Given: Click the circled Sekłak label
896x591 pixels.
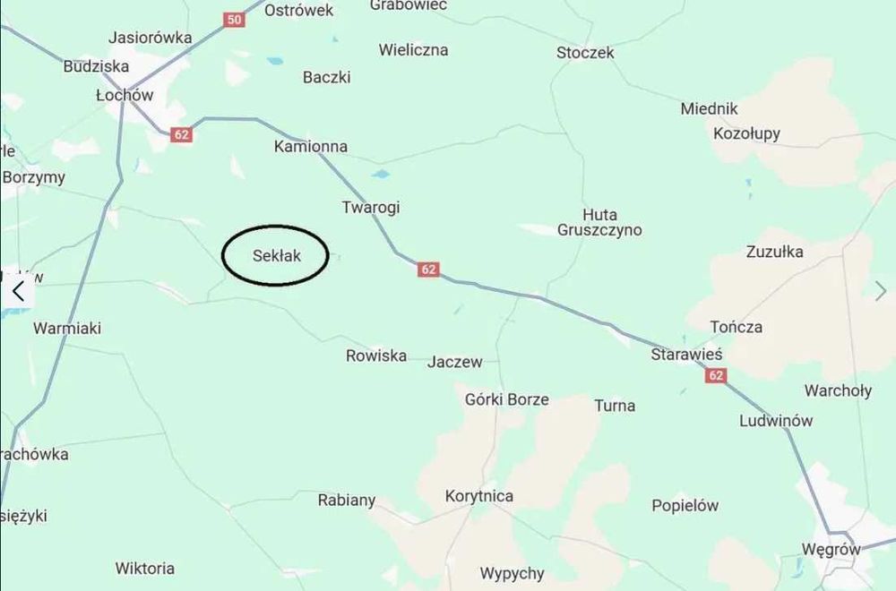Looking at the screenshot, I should click(x=276, y=256).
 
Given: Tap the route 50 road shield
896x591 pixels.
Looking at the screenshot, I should click(x=235, y=19).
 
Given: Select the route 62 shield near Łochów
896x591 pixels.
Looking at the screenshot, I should click(x=182, y=134).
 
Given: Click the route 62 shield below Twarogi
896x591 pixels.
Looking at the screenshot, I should click(x=428, y=269).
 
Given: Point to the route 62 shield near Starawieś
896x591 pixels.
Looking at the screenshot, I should click(x=715, y=375).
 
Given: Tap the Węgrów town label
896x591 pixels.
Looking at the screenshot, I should click(x=831, y=550).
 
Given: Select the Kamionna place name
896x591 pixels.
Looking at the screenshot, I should click(x=311, y=146).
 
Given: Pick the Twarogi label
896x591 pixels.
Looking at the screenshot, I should click(x=371, y=208).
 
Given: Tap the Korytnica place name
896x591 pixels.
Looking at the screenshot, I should click(x=479, y=496).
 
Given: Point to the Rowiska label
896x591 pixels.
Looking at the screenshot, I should click(x=376, y=355).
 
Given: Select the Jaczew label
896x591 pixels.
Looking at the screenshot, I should click(x=455, y=362).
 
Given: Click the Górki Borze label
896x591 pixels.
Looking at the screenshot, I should click(x=507, y=399).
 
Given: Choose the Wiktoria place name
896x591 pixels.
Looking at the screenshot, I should click(x=145, y=568).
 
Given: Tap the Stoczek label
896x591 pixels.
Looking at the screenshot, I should click(x=585, y=53).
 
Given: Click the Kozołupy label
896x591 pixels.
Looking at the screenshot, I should click(x=746, y=133).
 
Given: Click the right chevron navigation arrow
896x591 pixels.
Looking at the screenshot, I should click(x=881, y=290).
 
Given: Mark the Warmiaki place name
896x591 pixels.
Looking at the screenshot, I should click(x=67, y=329).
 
